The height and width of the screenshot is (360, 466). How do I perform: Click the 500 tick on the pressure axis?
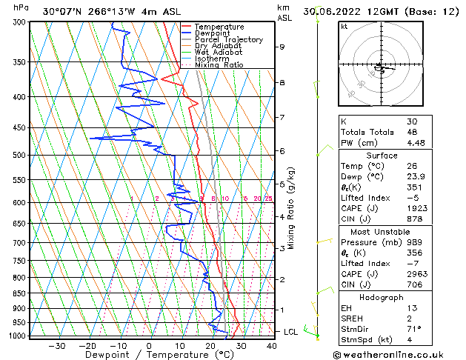18,155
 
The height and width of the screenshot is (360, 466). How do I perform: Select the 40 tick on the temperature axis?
272,346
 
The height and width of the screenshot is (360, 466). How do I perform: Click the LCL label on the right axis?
290,332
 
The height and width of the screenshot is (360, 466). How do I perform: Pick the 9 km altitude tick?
282,47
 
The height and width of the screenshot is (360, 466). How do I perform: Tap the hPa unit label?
21,7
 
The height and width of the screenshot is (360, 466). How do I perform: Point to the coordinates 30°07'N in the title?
61,11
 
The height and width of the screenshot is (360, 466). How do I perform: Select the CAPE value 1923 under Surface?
417,209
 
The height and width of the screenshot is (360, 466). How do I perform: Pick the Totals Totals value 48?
412,133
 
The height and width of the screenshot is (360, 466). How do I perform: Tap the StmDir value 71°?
414,330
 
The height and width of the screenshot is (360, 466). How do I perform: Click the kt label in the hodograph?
344,26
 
